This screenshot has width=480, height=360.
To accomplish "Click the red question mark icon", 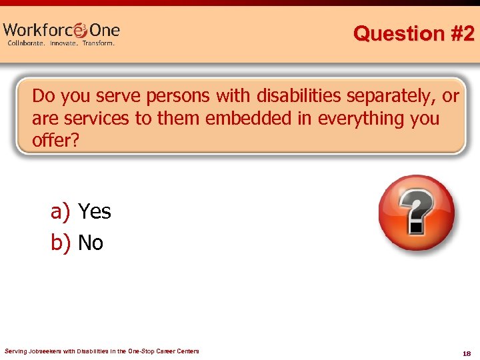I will pos(416,212).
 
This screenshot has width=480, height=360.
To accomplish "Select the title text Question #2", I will pos(413,33).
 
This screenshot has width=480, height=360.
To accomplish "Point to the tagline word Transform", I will pos(99,43).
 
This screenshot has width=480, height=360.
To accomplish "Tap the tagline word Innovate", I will pos(63,43).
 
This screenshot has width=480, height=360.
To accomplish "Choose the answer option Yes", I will pos(95,212).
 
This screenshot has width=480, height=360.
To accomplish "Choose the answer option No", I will pos(91,243).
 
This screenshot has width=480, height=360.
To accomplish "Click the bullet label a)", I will pos(61,212).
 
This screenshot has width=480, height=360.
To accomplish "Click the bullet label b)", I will pos(61,243).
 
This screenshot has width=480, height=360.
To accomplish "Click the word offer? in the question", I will pos(55,141).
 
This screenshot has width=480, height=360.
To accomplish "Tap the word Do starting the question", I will pos(43,97).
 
